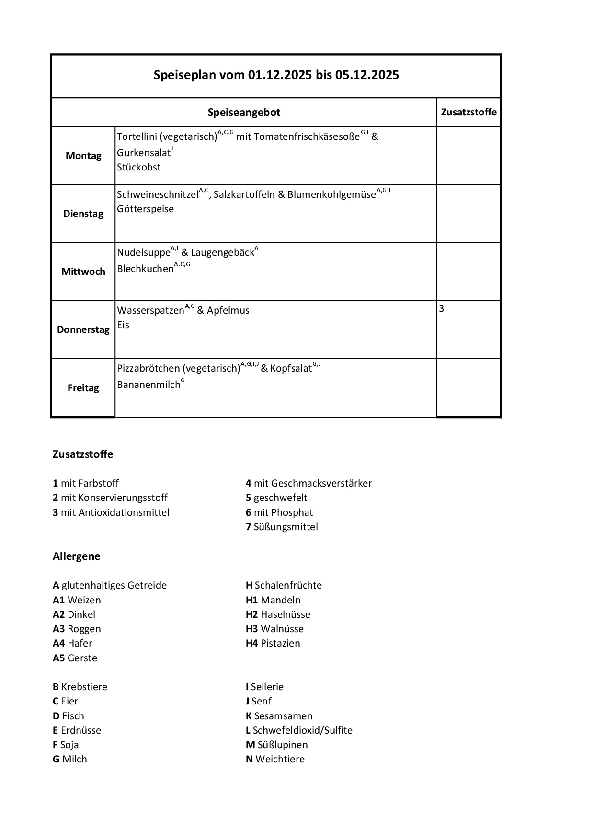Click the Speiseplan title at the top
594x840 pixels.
pyautogui.click(x=276, y=75)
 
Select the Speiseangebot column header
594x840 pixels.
pyautogui.click(x=244, y=113)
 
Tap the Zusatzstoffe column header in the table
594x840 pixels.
pyautogui.click(x=468, y=112)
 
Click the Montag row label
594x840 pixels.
pyautogui.click(x=83, y=156)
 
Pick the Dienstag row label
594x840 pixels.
pyautogui.click(x=83, y=214)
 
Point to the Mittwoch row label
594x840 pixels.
pyautogui.click(x=83, y=272)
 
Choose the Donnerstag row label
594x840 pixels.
pyautogui.click(x=83, y=329)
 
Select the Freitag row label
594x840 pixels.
pyautogui.click(x=83, y=388)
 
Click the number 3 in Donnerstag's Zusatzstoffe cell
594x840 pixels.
pyautogui.click(x=442, y=309)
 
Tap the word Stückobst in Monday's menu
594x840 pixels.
pyautogui.click(x=139, y=167)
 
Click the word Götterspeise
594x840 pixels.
pyautogui.click(x=146, y=209)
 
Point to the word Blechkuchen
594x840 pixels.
pyautogui.click(x=145, y=269)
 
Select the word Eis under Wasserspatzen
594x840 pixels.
pyautogui.click(x=123, y=325)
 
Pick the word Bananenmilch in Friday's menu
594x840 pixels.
pyautogui.click(x=148, y=385)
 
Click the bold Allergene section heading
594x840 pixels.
pyautogui.click(x=77, y=556)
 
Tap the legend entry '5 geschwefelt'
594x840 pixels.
pyautogui.click(x=276, y=498)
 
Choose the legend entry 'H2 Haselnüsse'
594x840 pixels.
pyautogui.click(x=278, y=614)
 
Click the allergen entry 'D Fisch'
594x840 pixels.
pyautogui.click(x=69, y=716)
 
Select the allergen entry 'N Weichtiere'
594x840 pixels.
pyautogui.click(x=275, y=759)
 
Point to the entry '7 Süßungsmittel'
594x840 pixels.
pyautogui.click(x=282, y=527)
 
